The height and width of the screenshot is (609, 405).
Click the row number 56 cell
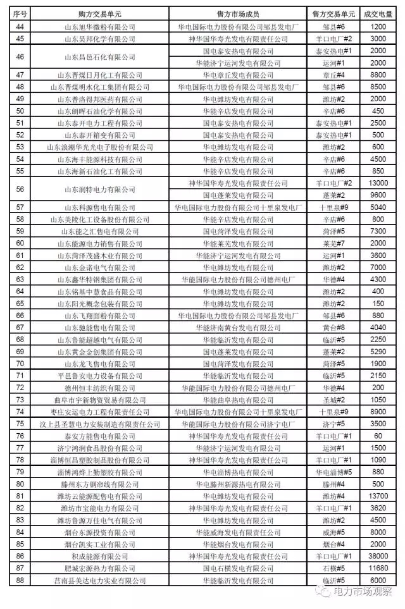point(20,189)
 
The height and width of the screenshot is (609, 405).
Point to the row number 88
point(20,580)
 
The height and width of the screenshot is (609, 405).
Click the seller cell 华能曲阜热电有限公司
point(242,400)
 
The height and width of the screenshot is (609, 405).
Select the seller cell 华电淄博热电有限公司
point(242,472)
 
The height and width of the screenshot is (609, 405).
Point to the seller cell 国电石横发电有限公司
point(242,568)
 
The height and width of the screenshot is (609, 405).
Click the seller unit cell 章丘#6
point(333,75)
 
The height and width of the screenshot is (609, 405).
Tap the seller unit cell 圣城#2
point(333,400)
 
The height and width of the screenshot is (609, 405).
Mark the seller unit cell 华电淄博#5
point(333,472)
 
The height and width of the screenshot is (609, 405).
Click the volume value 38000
point(378,556)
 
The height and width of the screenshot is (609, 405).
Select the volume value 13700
point(378,496)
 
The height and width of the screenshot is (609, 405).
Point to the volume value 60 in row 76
point(378,436)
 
